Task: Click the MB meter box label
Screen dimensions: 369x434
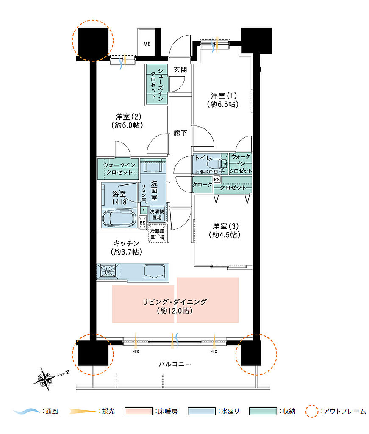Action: [x=147, y=44]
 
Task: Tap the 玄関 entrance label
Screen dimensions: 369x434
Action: [x=180, y=70]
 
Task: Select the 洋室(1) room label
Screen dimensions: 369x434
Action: [x=224, y=96]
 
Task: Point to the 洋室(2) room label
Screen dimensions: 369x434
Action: [x=128, y=117]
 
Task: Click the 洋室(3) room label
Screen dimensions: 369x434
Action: [x=226, y=226]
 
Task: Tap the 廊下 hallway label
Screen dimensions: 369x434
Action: [x=180, y=133]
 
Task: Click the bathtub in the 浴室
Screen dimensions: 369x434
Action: [x=119, y=218]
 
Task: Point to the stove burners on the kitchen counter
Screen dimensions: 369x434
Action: [x=108, y=270]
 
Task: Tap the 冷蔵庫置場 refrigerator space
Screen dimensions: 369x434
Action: [x=158, y=234]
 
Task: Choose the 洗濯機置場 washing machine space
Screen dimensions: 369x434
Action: [x=157, y=214]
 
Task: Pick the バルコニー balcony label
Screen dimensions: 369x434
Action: [x=175, y=364]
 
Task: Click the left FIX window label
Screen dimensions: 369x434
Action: [x=136, y=351]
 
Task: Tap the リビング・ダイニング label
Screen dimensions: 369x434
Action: [x=175, y=302]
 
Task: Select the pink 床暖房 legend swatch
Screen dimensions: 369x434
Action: [x=139, y=411]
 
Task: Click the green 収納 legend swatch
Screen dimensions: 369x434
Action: [x=263, y=411]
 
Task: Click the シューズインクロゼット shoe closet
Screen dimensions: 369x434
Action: [x=157, y=84]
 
